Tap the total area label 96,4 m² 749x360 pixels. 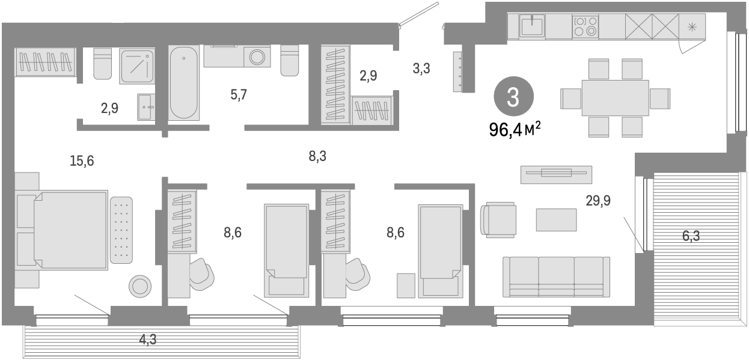coord(515,128)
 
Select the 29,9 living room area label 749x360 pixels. coord(598,200)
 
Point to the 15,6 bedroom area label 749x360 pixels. coord(82,160)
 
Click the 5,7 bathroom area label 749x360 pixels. coord(239,94)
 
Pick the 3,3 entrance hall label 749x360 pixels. coord(421,69)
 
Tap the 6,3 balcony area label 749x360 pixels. coord(691,236)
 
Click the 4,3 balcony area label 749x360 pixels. coord(148,340)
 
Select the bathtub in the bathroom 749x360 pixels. coord(183,83)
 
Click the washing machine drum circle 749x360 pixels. coord(258,57)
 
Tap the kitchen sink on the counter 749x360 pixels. coord(532,26)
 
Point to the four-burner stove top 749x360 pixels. coord(585,26)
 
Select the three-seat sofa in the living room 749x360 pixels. coord(555,276)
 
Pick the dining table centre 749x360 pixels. coord(615,97)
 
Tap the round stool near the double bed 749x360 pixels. coord(140,286)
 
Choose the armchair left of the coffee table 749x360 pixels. coord(498,219)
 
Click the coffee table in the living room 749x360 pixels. coord(556,219)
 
